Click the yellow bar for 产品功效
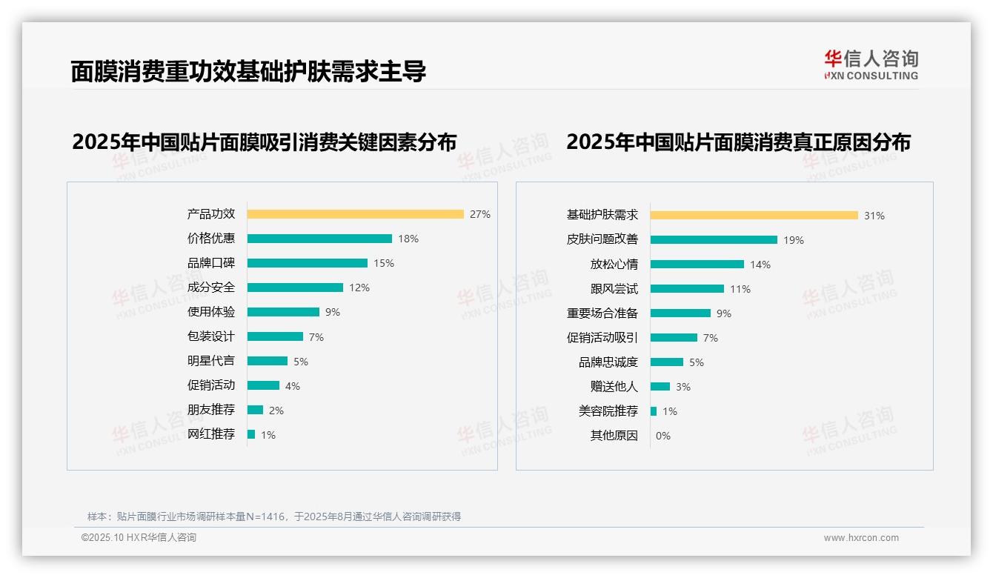(355, 214)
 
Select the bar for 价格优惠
(319, 239)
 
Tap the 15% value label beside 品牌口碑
(384, 263)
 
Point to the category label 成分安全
(210, 288)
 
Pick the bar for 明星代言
(267, 361)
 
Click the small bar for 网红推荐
(251, 434)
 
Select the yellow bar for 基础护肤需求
(754, 216)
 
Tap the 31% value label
(874, 216)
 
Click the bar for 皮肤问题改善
(714, 240)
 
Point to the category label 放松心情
(614, 265)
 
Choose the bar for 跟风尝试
(687, 289)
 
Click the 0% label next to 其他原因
(662, 436)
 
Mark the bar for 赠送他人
(660, 387)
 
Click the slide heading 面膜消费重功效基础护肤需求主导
(248, 71)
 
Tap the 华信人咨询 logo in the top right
(871, 64)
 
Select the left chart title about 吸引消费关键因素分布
(264, 142)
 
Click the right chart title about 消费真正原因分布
(738, 142)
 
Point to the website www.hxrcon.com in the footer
(860, 538)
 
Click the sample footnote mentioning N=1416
(274, 516)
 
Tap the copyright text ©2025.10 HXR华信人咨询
(139, 538)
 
